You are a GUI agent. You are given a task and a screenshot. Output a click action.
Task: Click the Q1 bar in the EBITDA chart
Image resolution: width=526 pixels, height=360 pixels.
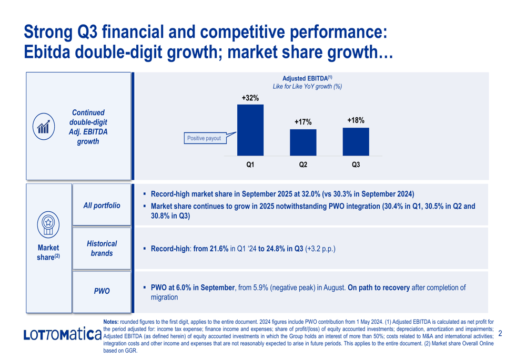click(250, 130)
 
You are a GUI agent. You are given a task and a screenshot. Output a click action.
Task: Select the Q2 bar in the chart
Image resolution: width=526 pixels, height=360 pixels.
click(303, 142)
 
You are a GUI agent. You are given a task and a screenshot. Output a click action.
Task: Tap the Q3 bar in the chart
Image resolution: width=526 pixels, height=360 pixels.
click(356, 141)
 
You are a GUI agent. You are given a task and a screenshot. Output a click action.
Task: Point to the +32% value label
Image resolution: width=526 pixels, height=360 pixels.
click(250, 98)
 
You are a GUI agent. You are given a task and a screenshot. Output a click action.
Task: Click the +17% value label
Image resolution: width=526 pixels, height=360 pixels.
click(303, 122)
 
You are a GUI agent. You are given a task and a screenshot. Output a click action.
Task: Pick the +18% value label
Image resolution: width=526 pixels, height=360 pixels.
click(356, 120)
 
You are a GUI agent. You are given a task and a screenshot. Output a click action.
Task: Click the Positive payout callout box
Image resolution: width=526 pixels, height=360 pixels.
click(204, 139)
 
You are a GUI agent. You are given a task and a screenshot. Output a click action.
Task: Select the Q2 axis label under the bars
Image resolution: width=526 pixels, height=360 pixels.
click(303, 165)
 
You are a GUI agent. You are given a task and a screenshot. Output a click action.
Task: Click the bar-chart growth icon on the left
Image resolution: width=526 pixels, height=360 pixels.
click(44, 127)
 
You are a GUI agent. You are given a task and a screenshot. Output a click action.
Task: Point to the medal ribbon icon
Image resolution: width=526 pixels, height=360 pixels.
click(48, 224)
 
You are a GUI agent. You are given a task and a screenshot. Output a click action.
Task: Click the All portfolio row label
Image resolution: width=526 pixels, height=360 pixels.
click(102, 205)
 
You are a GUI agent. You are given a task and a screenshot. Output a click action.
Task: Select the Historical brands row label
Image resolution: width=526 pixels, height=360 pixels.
click(102, 249)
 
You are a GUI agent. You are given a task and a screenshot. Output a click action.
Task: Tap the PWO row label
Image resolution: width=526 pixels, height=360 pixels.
click(102, 291)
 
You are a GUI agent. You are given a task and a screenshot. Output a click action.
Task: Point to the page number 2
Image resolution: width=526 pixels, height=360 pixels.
click(500, 333)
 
